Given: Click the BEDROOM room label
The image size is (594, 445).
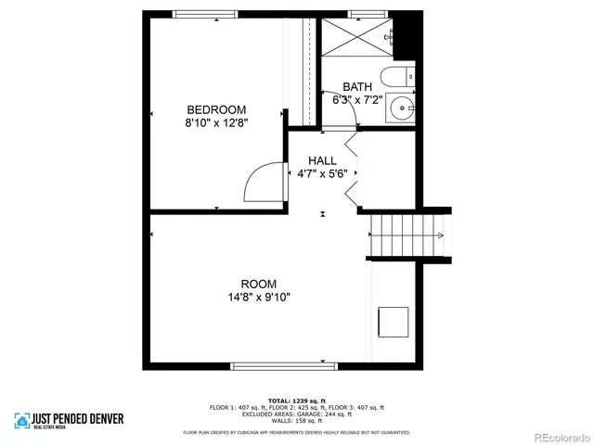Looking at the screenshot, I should pyautogui.click(x=216, y=108).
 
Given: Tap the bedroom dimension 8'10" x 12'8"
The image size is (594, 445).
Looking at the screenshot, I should pyautogui.click(x=216, y=121).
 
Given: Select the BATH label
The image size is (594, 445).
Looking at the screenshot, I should pyautogui.click(x=357, y=86).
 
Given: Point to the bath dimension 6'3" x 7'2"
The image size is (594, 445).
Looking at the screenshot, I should pyautogui.click(x=357, y=99).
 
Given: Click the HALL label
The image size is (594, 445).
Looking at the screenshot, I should pyautogui.click(x=322, y=160).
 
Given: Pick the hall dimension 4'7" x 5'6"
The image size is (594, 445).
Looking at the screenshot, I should pyautogui.click(x=322, y=173).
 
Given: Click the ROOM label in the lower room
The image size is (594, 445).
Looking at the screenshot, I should pyautogui.click(x=258, y=284).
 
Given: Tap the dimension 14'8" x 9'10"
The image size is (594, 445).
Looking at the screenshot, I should pyautogui.click(x=258, y=298).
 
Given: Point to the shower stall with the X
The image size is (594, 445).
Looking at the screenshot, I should pyautogui.click(x=355, y=38).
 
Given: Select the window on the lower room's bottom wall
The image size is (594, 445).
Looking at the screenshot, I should pyautogui.click(x=278, y=366).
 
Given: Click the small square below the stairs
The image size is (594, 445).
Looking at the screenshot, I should pyautogui.click(x=394, y=322).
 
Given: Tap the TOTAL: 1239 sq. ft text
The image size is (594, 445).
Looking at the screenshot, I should pyautogui.click(x=297, y=400).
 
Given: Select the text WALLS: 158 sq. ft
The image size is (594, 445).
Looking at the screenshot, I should pyautogui.click(x=297, y=421).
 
